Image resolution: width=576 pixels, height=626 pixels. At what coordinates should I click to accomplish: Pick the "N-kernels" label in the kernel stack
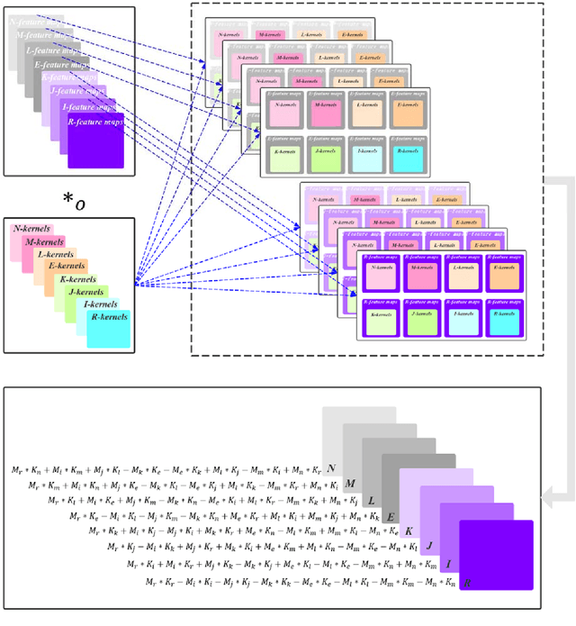click(32, 231)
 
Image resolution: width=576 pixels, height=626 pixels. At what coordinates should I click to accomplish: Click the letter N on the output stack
click(332, 467)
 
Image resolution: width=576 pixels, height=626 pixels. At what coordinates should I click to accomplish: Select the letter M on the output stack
click(352, 484)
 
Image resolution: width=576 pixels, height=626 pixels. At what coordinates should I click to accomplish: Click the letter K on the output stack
click(408, 531)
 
